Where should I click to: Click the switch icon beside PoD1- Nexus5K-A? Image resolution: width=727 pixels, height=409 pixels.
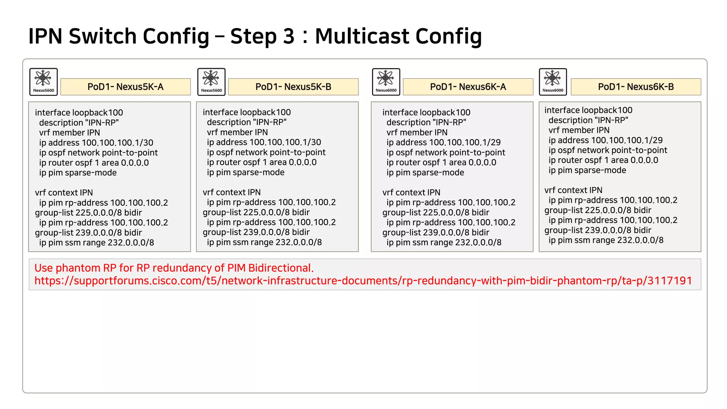pos(43,82)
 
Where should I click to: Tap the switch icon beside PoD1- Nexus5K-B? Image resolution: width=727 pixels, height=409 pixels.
pos(211,82)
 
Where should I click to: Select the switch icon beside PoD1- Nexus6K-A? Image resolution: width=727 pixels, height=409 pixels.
pos(386,82)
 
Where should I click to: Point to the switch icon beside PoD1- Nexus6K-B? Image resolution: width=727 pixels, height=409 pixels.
pos(553,82)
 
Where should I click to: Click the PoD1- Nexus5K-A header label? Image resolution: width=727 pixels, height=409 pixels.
pos(125,87)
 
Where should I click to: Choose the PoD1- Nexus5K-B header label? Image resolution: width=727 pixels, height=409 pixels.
pos(293,87)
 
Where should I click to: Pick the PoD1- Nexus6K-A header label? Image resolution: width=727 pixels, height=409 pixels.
pos(468,87)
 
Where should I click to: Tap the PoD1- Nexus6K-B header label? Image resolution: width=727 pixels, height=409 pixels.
pos(636,87)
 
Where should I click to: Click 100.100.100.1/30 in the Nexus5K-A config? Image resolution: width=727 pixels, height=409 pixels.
pos(117,143)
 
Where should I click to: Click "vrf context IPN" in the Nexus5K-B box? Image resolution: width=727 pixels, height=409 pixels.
pos(231,192)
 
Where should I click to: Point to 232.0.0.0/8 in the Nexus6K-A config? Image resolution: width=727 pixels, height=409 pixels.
pos(478,242)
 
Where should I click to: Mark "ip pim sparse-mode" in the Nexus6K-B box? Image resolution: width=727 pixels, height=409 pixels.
pos(587,170)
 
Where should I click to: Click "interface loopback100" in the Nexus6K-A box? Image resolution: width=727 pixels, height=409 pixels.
pos(426,113)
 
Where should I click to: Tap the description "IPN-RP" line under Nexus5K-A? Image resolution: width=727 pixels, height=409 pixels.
pos(79,123)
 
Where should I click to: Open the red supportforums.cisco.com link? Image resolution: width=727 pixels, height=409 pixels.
pos(363,281)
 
